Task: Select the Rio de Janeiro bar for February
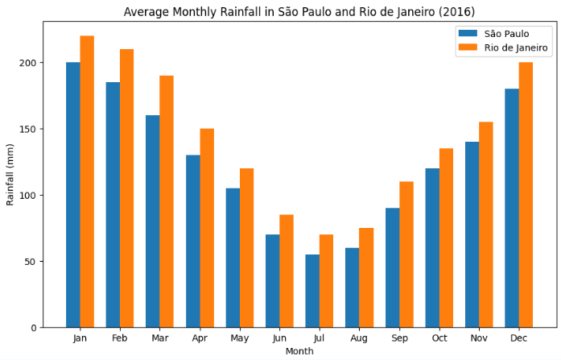(126, 188)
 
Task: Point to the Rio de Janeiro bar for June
(286, 271)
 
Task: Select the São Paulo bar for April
(192, 241)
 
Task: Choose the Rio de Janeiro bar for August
(366, 277)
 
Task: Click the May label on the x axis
(239, 339)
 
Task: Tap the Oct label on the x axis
(439, 339)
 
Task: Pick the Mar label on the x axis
(159, 339)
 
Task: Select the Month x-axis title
(299, 351)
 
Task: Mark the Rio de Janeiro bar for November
(485, 225)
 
